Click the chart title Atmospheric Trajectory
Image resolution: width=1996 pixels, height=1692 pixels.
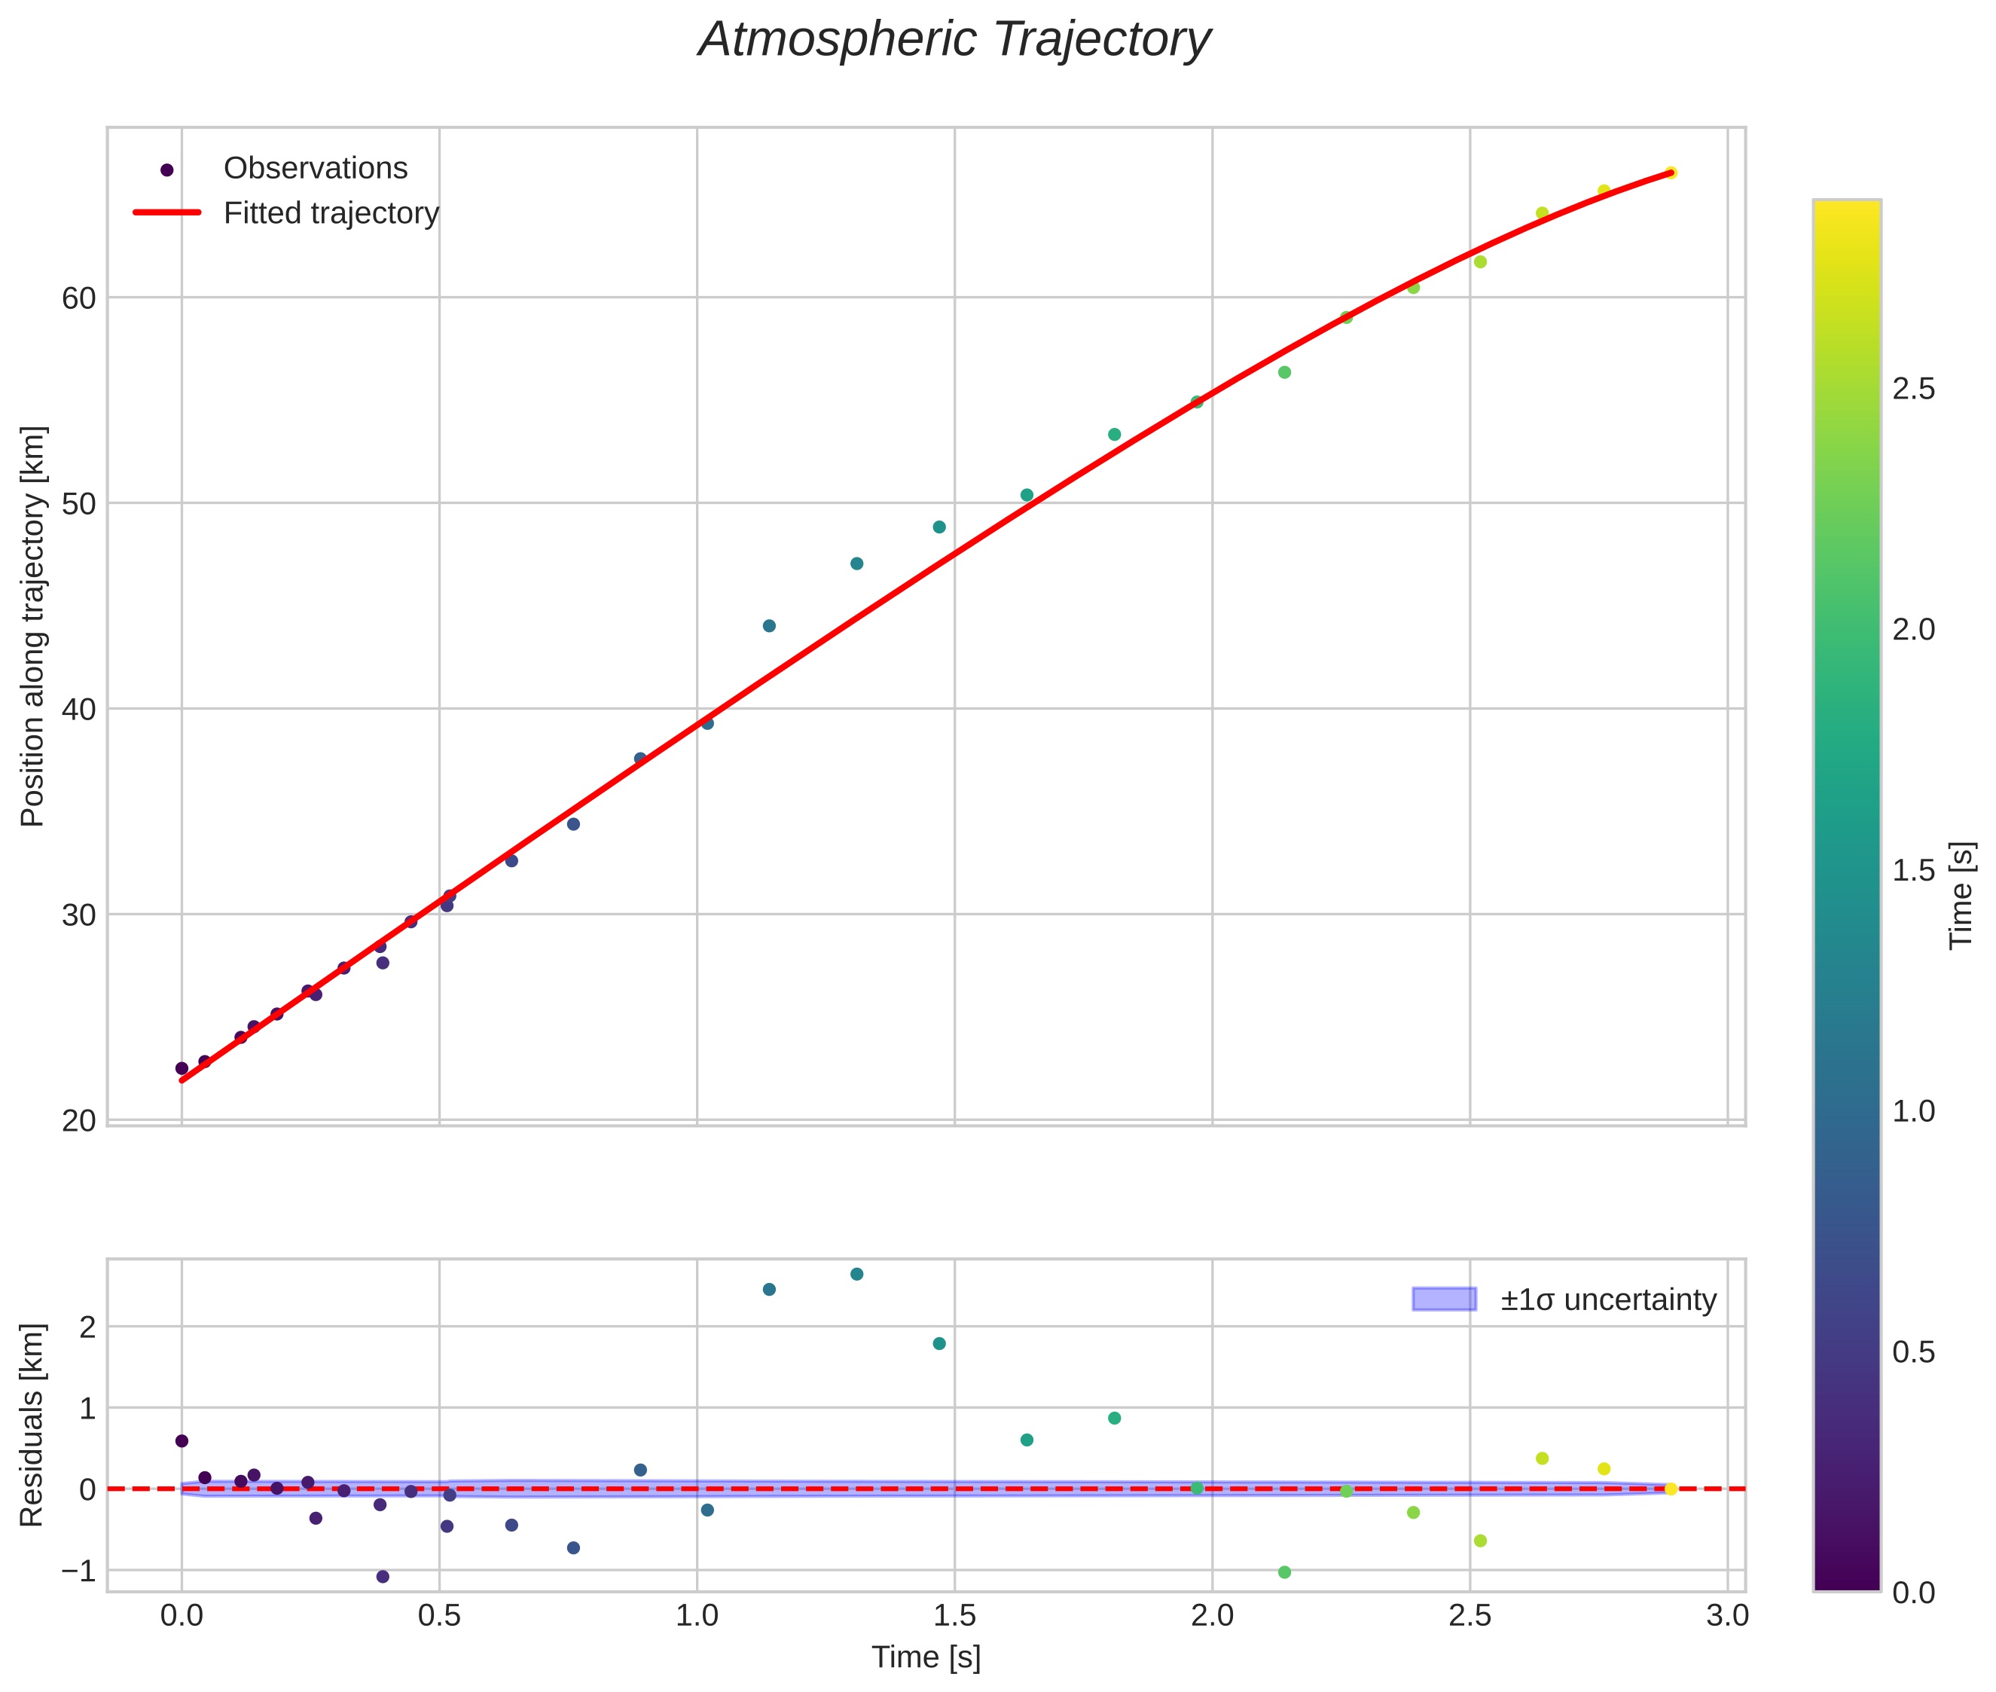tap(954, 40)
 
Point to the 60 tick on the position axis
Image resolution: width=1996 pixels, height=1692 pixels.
tap(78, 298)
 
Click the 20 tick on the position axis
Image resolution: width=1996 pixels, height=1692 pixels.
tap(78, 1121)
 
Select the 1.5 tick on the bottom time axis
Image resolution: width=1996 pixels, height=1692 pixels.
tap(954, 1616)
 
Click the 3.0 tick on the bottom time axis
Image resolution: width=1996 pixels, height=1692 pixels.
tap(1727, 1616)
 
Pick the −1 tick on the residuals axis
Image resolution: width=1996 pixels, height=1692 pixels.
tap(78, 1571)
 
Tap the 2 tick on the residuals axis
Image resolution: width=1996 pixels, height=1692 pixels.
tap(87, 1328)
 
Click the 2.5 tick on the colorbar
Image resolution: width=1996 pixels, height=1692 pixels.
tap(1913, 390)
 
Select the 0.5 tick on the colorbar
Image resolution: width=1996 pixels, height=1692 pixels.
tap(1913, 1352)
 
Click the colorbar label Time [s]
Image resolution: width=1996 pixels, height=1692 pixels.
tap(1962, 896)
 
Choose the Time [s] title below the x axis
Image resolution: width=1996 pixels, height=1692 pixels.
tap(926, 1657)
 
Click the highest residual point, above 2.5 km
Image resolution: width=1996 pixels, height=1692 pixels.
tap(856, 1275)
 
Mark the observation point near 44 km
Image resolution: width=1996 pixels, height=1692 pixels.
tap(768, 626)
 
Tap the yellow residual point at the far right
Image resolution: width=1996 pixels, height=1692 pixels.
tap(1670, 1489)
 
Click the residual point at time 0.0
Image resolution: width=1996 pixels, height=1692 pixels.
tap(182, 1440)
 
